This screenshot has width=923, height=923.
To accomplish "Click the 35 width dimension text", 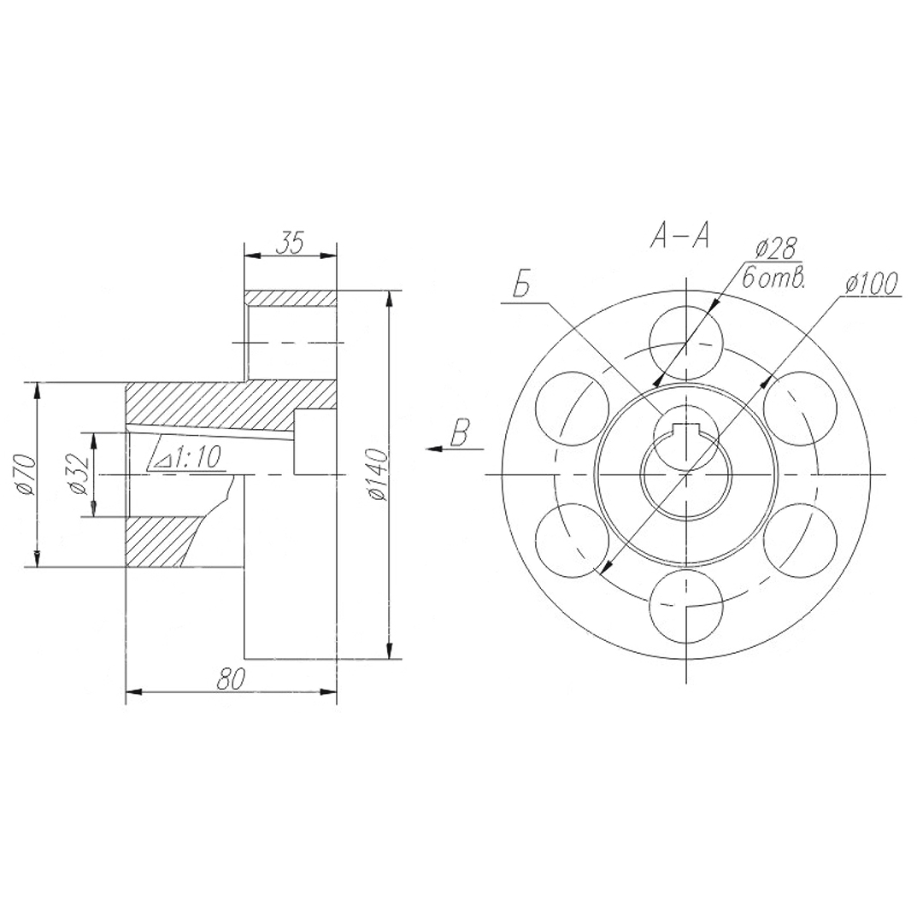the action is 290,242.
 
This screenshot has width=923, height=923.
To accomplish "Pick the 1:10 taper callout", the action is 188,456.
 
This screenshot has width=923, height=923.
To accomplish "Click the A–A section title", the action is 680,237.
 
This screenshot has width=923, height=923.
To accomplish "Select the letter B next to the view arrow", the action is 460,432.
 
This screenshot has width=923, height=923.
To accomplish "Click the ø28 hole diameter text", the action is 776,249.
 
